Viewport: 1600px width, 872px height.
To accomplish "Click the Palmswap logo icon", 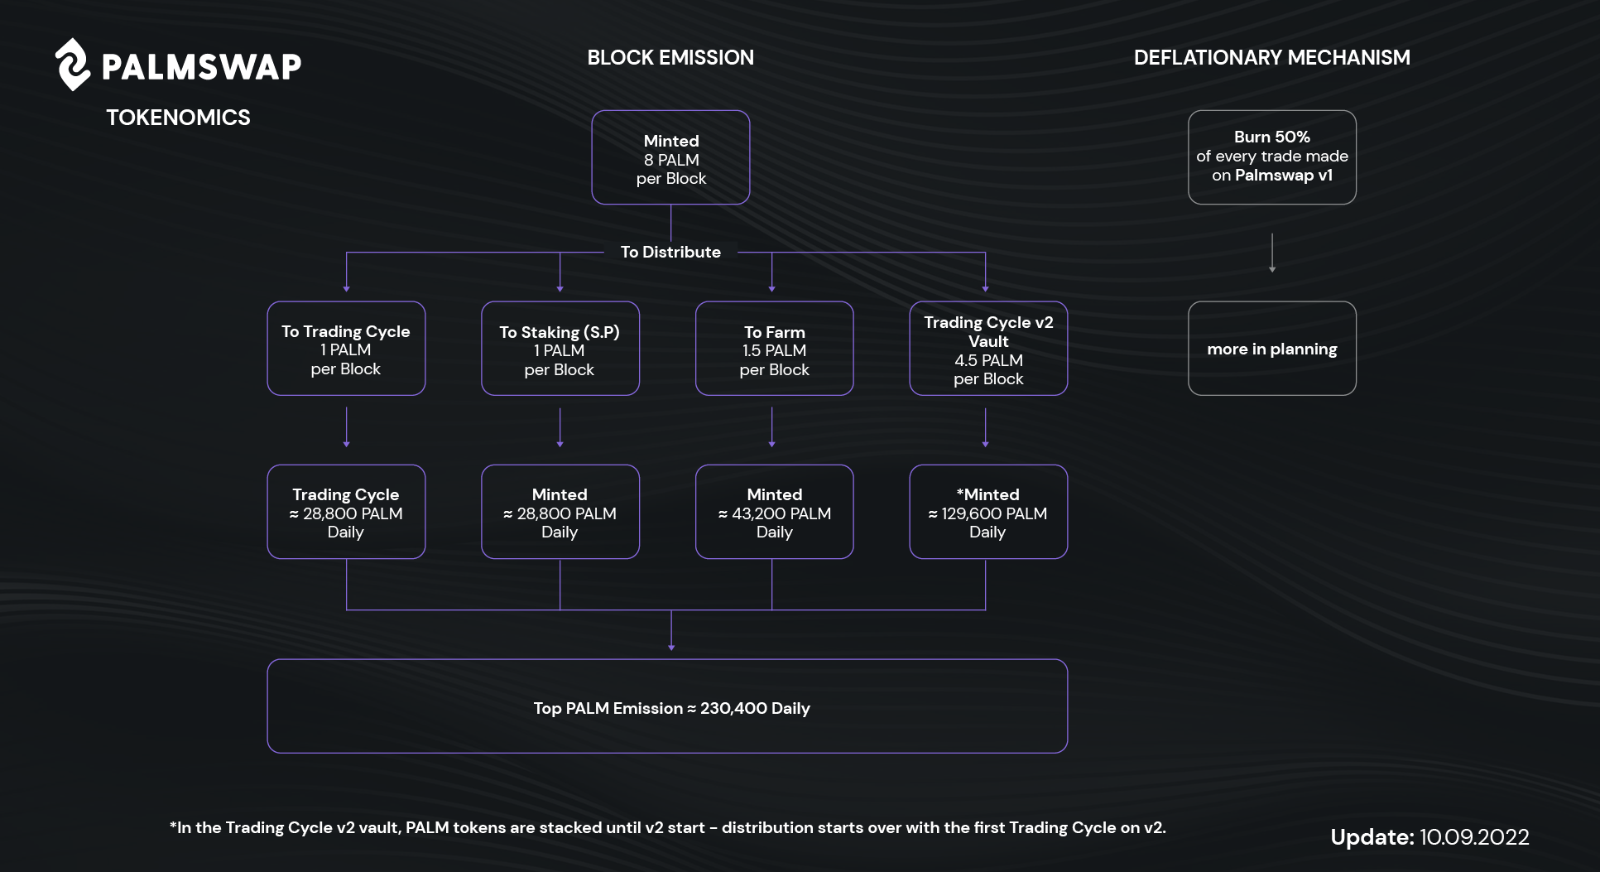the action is (73, 65).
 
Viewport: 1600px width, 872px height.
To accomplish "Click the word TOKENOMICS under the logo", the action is (178, 118).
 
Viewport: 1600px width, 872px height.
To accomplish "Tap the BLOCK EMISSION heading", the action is (670, 57).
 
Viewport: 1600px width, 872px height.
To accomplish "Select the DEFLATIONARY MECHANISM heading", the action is (1271, 57).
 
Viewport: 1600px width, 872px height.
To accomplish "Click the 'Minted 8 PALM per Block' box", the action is (670, 157).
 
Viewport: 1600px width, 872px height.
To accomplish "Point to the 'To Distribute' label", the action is (670, 252).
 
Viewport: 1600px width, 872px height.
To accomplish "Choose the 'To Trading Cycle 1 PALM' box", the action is (346, 349).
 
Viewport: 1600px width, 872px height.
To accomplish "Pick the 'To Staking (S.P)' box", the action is (560, 349).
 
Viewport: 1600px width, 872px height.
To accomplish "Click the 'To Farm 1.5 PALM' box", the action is (774, 349).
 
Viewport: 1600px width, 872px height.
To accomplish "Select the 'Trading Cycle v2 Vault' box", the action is (988, 349).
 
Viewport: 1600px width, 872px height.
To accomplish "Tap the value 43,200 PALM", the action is (781, 513).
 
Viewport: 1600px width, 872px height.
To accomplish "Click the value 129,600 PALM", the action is (994, 513).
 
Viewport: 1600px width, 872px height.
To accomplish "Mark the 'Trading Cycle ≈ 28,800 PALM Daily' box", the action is (346, 512).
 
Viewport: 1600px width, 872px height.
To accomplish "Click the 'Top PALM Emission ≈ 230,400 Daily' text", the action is (671, 708).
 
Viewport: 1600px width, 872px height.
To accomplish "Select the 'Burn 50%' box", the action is (1272, 157).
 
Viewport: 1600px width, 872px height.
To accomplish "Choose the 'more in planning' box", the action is (1272, 349).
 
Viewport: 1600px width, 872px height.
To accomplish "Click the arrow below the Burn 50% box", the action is (1272, 253).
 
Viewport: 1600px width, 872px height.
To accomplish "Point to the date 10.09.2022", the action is (1474, 837).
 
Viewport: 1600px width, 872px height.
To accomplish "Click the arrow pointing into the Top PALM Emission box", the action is (671, 630).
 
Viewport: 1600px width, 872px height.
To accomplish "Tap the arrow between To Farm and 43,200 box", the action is (772, 427).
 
